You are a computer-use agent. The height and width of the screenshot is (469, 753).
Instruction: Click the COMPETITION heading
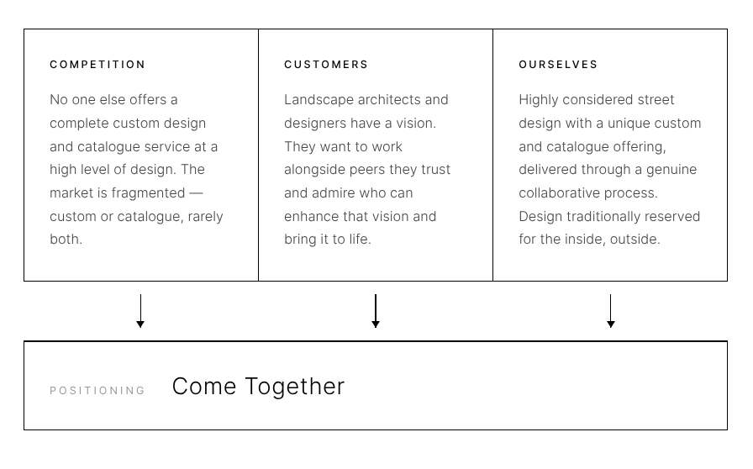point(97,65)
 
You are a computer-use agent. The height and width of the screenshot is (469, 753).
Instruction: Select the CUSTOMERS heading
point(326,65)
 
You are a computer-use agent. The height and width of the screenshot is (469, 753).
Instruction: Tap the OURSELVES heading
point(558,65)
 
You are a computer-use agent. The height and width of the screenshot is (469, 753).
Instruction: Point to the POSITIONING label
point(97,391)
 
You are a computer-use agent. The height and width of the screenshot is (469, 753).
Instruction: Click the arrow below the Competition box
point(140,311)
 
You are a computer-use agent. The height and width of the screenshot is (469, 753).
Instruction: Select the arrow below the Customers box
point(376,311)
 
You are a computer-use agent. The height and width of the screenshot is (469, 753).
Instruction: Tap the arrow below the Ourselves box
point(611,311)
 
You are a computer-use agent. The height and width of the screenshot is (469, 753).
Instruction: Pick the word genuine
point(670,170)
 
